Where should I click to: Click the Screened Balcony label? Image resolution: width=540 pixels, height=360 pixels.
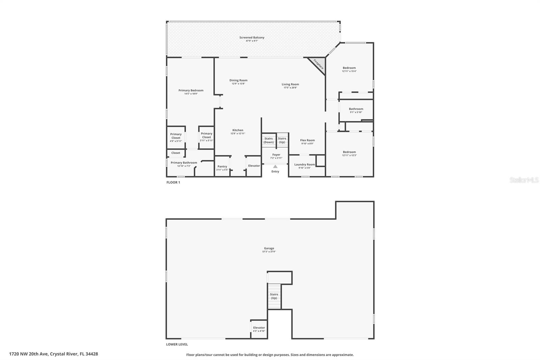[252, 37]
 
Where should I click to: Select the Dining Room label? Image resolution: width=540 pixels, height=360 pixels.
[238, 80]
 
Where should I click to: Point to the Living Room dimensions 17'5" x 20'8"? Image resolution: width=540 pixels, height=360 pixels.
[290, 88]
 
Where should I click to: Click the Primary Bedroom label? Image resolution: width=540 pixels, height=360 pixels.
[191, 91]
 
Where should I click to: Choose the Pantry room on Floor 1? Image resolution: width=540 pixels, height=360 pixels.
[222, 166]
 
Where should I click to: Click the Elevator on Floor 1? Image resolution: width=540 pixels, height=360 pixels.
[254, 166]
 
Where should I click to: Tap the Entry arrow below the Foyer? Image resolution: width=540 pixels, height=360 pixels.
[275, 166]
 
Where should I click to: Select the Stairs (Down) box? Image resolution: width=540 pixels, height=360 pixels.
[269, 140]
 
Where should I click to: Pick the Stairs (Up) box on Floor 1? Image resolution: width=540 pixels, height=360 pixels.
[282, 140]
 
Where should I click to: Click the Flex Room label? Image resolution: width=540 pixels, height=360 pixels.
[307, 140]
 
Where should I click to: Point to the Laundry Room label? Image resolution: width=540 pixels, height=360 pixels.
[304, 164]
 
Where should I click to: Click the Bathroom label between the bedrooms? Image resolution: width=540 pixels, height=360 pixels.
[356, 109]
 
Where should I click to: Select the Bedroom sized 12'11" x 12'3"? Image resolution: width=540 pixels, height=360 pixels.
[349, 154]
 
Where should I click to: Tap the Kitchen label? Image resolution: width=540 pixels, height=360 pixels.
[238, 130]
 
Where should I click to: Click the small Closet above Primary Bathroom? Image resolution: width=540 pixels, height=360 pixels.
[175, 153]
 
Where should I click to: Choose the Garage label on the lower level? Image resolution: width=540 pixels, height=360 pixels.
[269, 248]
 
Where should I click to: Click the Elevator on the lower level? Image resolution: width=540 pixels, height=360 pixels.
[259, 329]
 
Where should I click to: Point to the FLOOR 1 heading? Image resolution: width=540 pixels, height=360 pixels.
[173, 182]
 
